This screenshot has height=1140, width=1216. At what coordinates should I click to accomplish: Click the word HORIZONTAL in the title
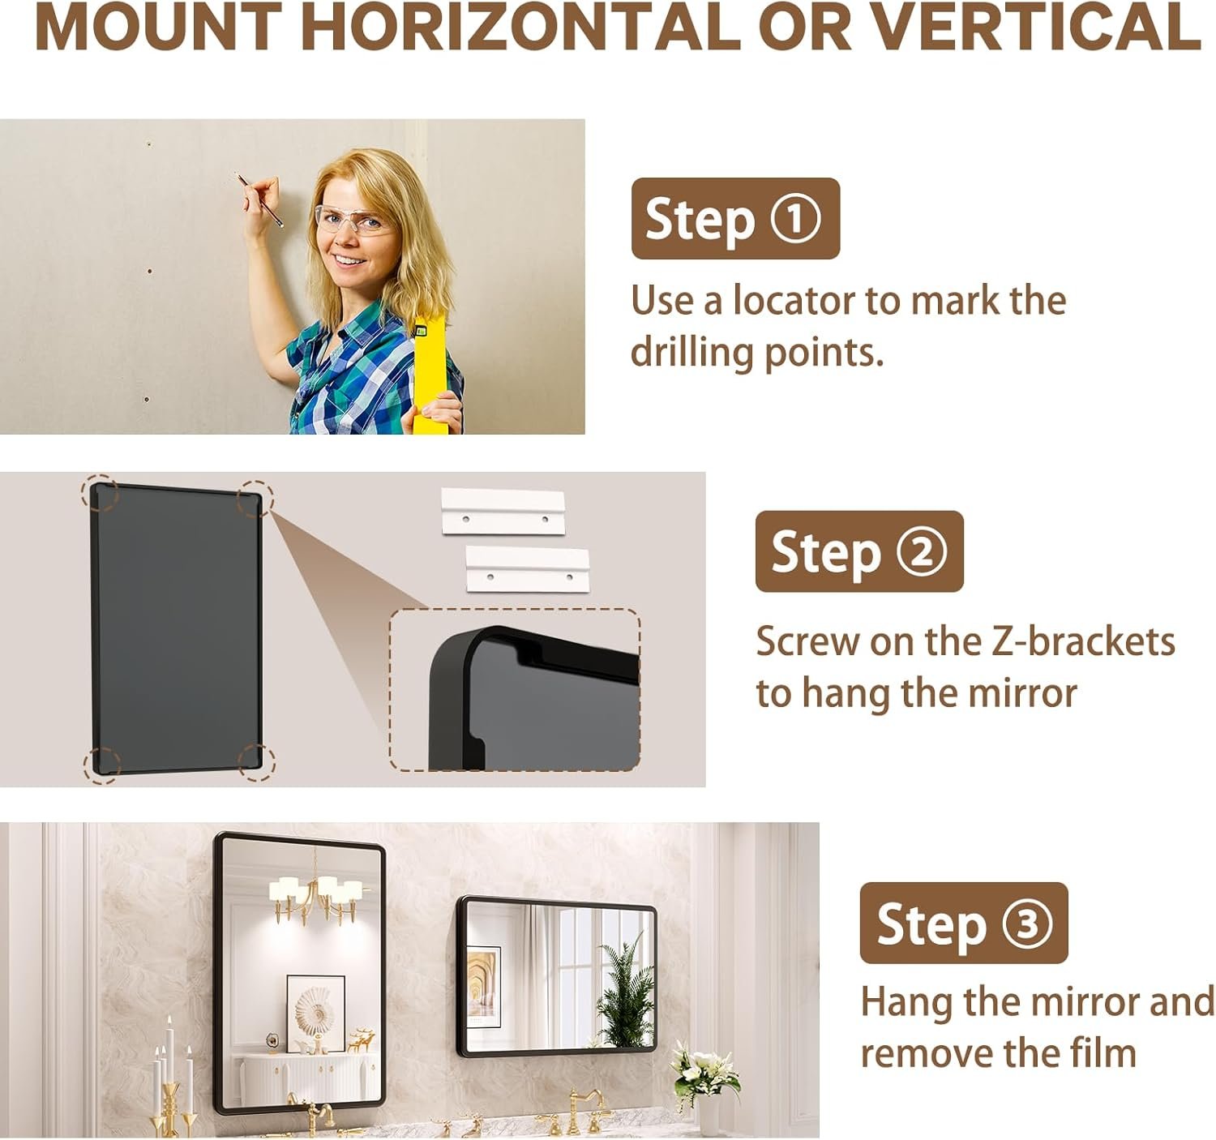tap(520, 28)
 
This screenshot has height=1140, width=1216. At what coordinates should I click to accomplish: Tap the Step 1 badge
tap(735, 219)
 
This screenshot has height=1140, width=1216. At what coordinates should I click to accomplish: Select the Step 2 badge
tap(859, 551)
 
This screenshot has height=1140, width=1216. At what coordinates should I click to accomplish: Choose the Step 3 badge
tap(964, 924)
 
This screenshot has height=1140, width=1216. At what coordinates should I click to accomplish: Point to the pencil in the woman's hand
tap(259, 199)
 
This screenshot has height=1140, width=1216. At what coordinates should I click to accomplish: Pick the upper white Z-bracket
tap(503, 512)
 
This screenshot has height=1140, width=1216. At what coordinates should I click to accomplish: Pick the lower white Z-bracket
tap(527, 570)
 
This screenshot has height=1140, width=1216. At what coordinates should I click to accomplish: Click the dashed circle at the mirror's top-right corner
tap(255, 497)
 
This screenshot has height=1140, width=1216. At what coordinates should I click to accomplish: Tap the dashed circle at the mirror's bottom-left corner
tap(102, 765)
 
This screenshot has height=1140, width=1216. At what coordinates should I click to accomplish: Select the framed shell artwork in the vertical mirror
tap(316, 1013)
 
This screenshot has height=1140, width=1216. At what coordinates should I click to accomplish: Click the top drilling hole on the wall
tap(149, 144)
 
